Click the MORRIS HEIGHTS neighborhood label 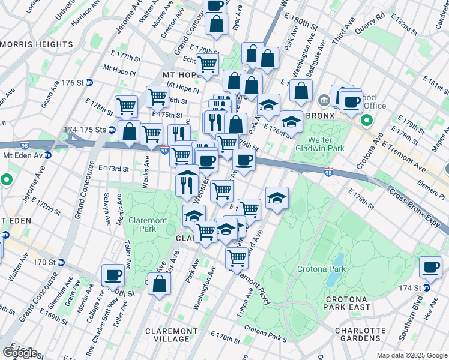(37, 44)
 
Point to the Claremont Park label (148, 225)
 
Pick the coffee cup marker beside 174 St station (430, 267)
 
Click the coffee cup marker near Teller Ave (113, 275)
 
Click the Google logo (19, 352)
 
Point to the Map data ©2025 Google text (412, 355)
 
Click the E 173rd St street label (114, 169)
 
